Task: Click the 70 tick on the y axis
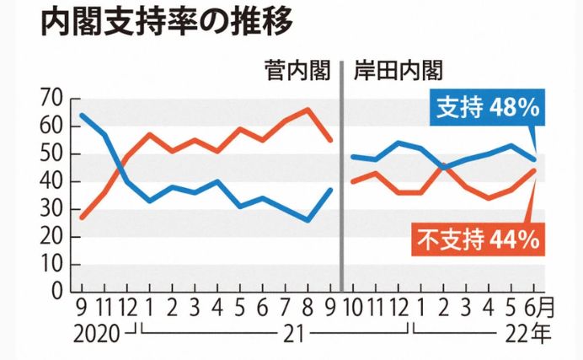point(51,99)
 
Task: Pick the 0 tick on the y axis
point(56,291)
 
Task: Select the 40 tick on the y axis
point(51,181)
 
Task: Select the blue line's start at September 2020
point(82,116)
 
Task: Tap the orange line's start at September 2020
point(82,218)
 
